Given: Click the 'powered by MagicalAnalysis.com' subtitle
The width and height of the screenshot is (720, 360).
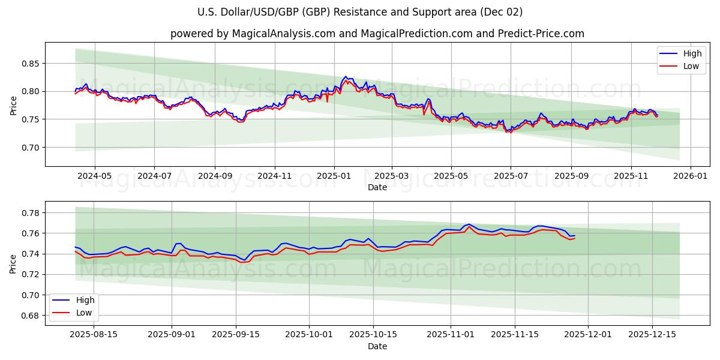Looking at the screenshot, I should point(377,34).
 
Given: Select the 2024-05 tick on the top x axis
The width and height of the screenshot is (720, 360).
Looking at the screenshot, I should point(95,176).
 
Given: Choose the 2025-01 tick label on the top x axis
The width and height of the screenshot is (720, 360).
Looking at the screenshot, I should point(334,176).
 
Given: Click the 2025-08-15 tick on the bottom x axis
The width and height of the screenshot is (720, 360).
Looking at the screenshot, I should point(94,335).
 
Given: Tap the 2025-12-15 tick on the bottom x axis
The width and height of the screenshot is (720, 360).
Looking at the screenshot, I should point(652,335).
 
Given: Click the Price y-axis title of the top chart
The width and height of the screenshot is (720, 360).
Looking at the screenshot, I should point(14,105).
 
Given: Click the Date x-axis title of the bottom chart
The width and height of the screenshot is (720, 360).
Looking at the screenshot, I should point(377,346).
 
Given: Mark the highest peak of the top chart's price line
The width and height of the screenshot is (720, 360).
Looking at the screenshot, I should point(346,77).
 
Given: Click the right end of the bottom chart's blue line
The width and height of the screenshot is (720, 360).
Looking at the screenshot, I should point(574,235).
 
